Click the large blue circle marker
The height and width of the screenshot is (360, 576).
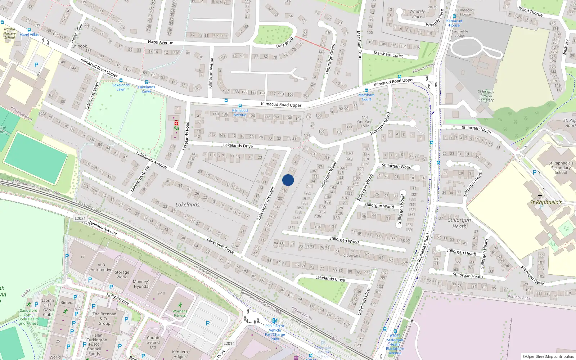(x=288, y=180)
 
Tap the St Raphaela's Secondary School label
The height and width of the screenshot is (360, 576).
(x=561, y=168)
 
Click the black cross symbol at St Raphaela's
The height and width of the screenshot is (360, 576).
(x=540, y=196)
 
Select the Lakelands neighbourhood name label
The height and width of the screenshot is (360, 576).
(x=187, y=204)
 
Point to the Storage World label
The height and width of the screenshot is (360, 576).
(x=122, y=275)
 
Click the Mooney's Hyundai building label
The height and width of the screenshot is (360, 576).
(x=141, y=284)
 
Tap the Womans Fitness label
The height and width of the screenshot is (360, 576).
(x=180, y=313)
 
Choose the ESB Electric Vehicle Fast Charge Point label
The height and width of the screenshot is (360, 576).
(x=275, y=332)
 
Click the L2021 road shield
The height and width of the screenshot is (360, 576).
(x=80, y=219)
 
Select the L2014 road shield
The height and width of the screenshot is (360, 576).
(x=229, y=343)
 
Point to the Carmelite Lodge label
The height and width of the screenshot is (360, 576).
(x=460, y=33)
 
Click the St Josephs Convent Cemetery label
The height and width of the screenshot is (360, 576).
(x=486, y=96)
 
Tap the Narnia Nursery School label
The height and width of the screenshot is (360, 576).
(x=9, y=33)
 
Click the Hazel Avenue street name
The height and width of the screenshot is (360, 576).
(x=160, y=42)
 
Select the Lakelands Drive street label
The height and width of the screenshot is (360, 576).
(x=238, y=145)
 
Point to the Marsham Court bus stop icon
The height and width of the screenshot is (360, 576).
(x=366, y=91)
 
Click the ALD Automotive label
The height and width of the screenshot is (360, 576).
(x=101, y=267)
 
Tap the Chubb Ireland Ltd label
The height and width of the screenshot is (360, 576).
(x=153, y=342)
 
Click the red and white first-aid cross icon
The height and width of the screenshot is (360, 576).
(x=176, y=123)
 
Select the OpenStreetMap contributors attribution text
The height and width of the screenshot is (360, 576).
(x=548, y=356)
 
